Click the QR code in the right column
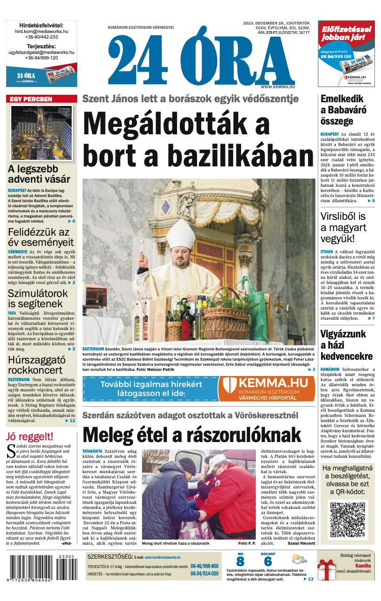[348, 519]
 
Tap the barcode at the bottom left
[40, 569]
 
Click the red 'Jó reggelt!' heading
[30, 436]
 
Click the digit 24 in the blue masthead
[138, 59]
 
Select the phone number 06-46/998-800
[204, 566]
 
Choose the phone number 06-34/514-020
[204, 574]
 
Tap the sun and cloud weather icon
[299, 559]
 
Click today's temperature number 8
[240, 561]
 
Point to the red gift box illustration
[326, 569]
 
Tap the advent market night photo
[41, 133]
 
